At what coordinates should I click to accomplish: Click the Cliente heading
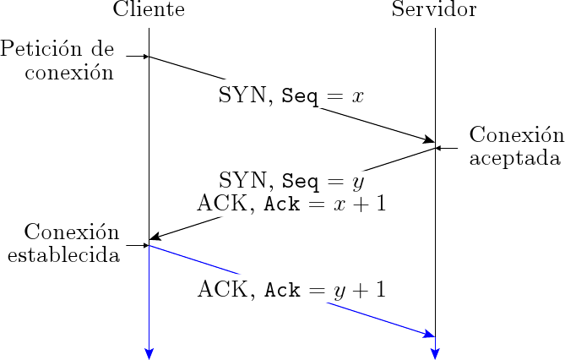click(x=149, y=11)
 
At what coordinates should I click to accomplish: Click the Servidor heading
click(x=434, y=11)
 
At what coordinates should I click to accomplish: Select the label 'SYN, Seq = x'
click(x=291, y=95)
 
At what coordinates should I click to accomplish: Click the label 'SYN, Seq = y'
click(x=291, y=180)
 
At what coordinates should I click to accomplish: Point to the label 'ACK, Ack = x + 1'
click(x=291, y=204)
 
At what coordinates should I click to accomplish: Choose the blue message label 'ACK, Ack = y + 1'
click(x=291, y=290)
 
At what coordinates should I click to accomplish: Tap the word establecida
click(x=62, y=254)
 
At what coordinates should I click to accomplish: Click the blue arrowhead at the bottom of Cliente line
click(x=149, y=352)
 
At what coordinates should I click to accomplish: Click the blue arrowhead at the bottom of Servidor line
click(x=435, y=352)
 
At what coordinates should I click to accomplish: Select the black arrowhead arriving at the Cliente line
click(x=155, y=238)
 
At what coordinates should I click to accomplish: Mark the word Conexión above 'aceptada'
click(x=515, y=135)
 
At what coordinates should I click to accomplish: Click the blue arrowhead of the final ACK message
click(x=429, y=335)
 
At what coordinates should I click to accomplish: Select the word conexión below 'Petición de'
click(x=69, y=72)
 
